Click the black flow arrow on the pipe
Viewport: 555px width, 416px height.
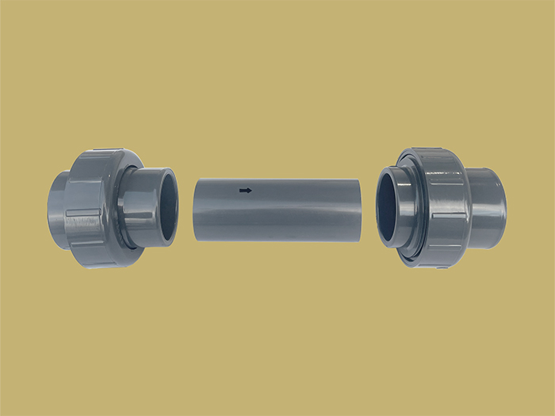[x=246, y=191]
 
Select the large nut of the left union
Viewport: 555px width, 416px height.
[x=91, y=208]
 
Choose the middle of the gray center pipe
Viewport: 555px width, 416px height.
[x=277, y=210]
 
